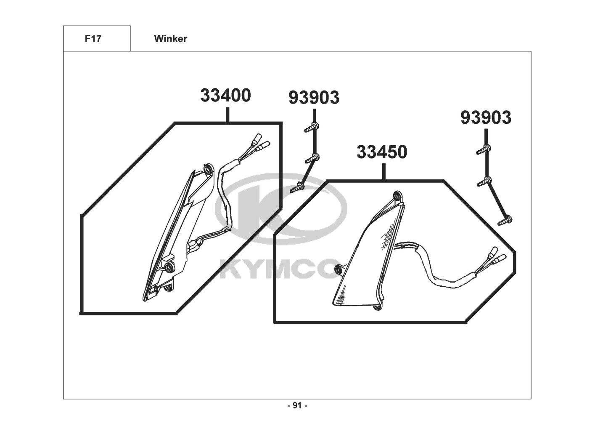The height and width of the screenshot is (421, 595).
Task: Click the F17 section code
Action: coord(93,39)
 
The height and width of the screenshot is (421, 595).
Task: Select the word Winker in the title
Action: coord(171,39)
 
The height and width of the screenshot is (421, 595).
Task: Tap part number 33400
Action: coord(225,96)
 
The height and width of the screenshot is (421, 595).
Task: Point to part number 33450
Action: coord(382,152)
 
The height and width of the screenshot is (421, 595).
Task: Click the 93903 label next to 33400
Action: coord(314,97)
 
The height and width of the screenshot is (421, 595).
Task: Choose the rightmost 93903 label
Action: coord(486,117)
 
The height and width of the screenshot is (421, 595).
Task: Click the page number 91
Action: coord(297,405)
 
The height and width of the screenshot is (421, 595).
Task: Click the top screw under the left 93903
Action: coord(312,128)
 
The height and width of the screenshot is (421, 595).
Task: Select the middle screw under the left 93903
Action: coord(312,158)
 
